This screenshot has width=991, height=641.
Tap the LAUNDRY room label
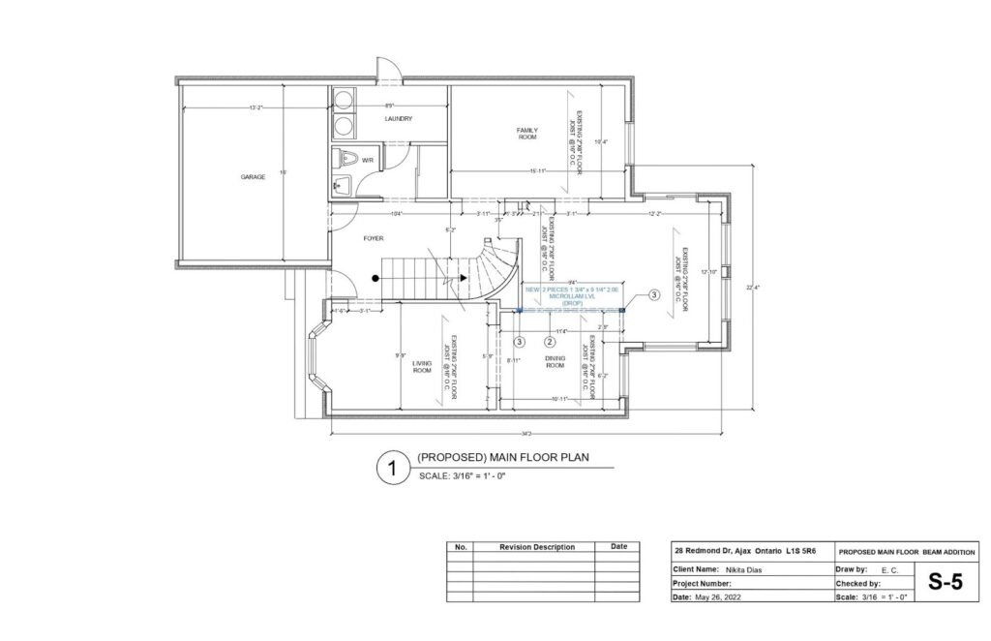(x=398, y=119)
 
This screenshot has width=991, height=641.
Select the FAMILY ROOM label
(x=526, y=134)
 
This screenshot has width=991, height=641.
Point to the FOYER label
(x=374, y=236)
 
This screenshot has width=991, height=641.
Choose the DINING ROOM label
(x=555, y=362)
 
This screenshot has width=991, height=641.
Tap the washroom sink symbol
(x=340, y=183)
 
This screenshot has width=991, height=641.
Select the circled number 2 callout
(x=550, y=341)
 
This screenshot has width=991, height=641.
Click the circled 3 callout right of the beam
(x=653, y=294)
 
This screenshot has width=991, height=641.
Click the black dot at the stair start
(x=376, y=278)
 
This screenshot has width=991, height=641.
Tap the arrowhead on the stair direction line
(x=465, y=278)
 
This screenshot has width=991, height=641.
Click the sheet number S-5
(x=947, y=583)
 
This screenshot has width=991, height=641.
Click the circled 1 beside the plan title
(x=392, y=468)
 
